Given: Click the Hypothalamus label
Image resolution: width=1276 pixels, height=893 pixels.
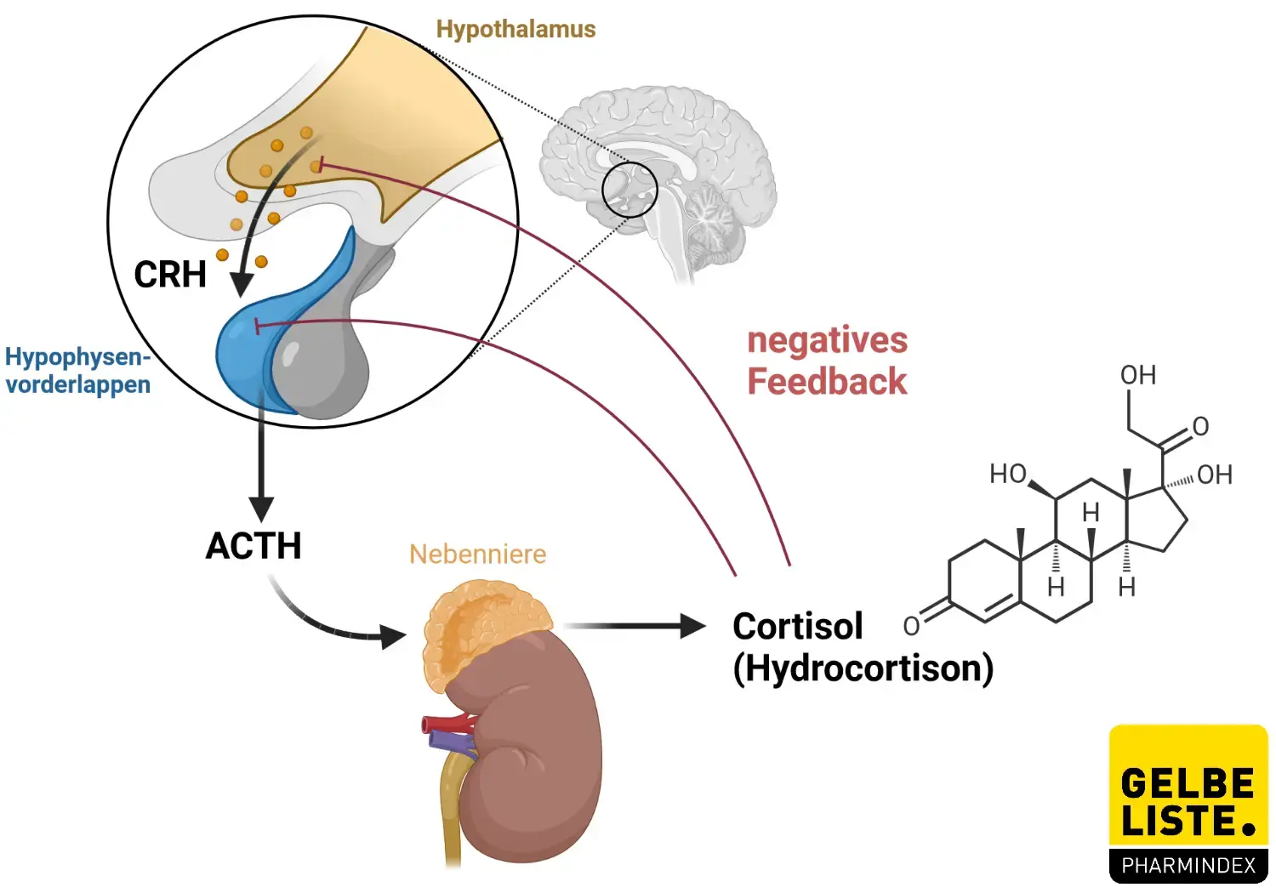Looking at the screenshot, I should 516,29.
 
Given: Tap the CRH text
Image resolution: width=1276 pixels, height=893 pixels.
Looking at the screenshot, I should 170,275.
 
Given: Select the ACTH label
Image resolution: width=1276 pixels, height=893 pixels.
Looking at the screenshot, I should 253,546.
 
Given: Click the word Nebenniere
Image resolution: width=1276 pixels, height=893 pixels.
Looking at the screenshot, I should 477,555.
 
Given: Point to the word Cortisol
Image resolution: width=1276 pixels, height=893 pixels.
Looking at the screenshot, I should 797,627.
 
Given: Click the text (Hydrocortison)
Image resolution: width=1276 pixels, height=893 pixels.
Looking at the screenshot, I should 863,668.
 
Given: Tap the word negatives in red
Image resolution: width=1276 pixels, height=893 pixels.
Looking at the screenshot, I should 827,340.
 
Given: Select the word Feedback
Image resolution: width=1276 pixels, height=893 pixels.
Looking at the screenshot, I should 827,382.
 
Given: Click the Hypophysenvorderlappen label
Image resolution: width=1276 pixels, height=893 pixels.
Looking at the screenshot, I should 77,371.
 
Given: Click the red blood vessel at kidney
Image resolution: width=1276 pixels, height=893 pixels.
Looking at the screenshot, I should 447,725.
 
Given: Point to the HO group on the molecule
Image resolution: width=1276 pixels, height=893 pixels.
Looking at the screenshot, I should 1009,474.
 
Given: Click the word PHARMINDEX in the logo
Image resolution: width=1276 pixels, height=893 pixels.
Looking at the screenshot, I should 1188,866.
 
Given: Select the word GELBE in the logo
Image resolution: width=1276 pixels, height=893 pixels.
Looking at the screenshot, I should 1188,783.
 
